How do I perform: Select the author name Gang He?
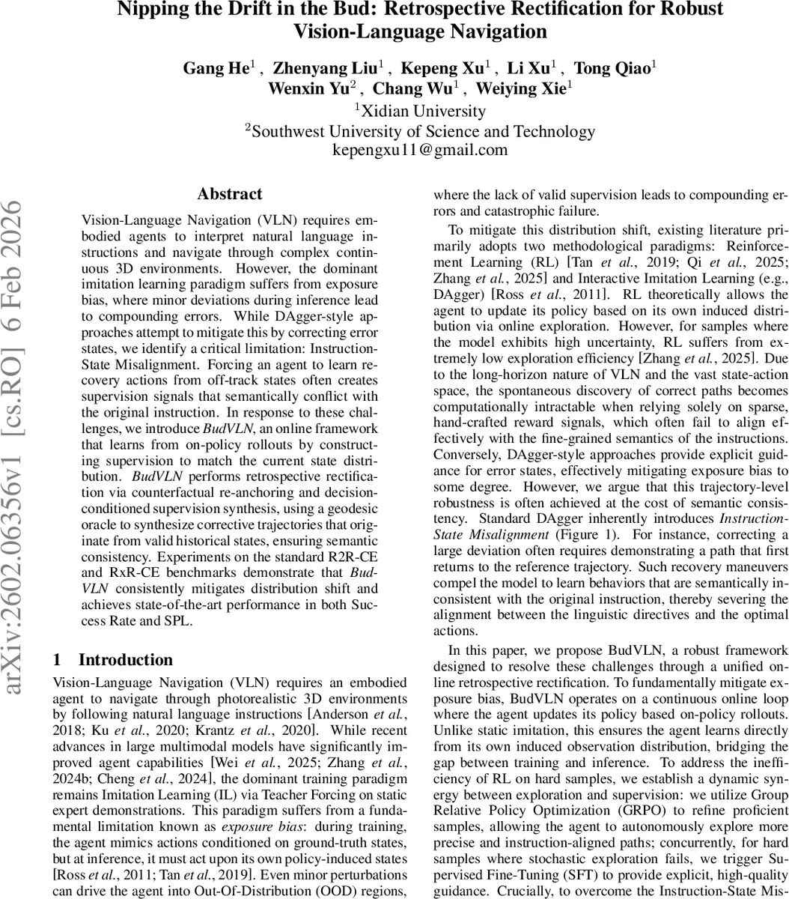216,68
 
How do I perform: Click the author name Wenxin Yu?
308,88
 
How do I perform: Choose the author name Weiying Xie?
528,88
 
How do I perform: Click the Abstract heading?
230,194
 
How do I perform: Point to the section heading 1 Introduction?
113,660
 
